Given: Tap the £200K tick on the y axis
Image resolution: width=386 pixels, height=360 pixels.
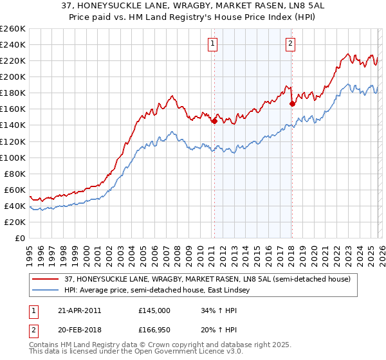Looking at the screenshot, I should pyautogui.click(x=13, y=76).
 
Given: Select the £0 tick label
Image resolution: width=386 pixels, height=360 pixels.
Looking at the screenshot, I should pyautogui.click(x=21, y=238).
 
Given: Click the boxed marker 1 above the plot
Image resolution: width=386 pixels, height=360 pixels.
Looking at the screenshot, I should pyautogui.click(x=213, y=44).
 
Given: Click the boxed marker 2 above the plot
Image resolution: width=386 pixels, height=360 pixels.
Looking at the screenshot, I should pyautogui.click(x=291, y=44).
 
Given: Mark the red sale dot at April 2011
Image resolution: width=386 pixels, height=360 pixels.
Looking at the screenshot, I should pyautogui.click(x=214, y=120).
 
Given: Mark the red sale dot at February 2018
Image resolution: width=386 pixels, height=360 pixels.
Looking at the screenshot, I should pyautogui.click(x=292, y=103).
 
